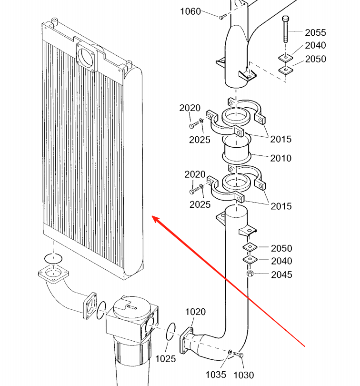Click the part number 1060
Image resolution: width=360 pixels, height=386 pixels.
[190, 11]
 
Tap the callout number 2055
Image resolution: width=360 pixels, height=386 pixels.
[315, 32]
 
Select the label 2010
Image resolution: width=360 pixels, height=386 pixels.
[281, 158]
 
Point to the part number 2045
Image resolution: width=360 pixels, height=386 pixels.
[281, 274]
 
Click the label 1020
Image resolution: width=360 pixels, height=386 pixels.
[195, 312]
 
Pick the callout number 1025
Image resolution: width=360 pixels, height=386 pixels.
[166, 357]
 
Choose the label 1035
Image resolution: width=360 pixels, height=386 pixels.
[216, 375]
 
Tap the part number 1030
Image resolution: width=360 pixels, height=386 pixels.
[243, 375]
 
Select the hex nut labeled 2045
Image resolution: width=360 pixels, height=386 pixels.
[250, 274]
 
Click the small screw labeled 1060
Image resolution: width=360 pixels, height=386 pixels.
[222, 18]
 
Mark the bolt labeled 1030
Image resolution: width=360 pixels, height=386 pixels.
[239, 355]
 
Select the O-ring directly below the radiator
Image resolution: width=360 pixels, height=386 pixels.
[52, 258]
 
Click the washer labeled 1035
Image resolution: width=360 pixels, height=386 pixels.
[230, 352]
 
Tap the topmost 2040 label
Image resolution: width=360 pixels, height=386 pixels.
[316, 46]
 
